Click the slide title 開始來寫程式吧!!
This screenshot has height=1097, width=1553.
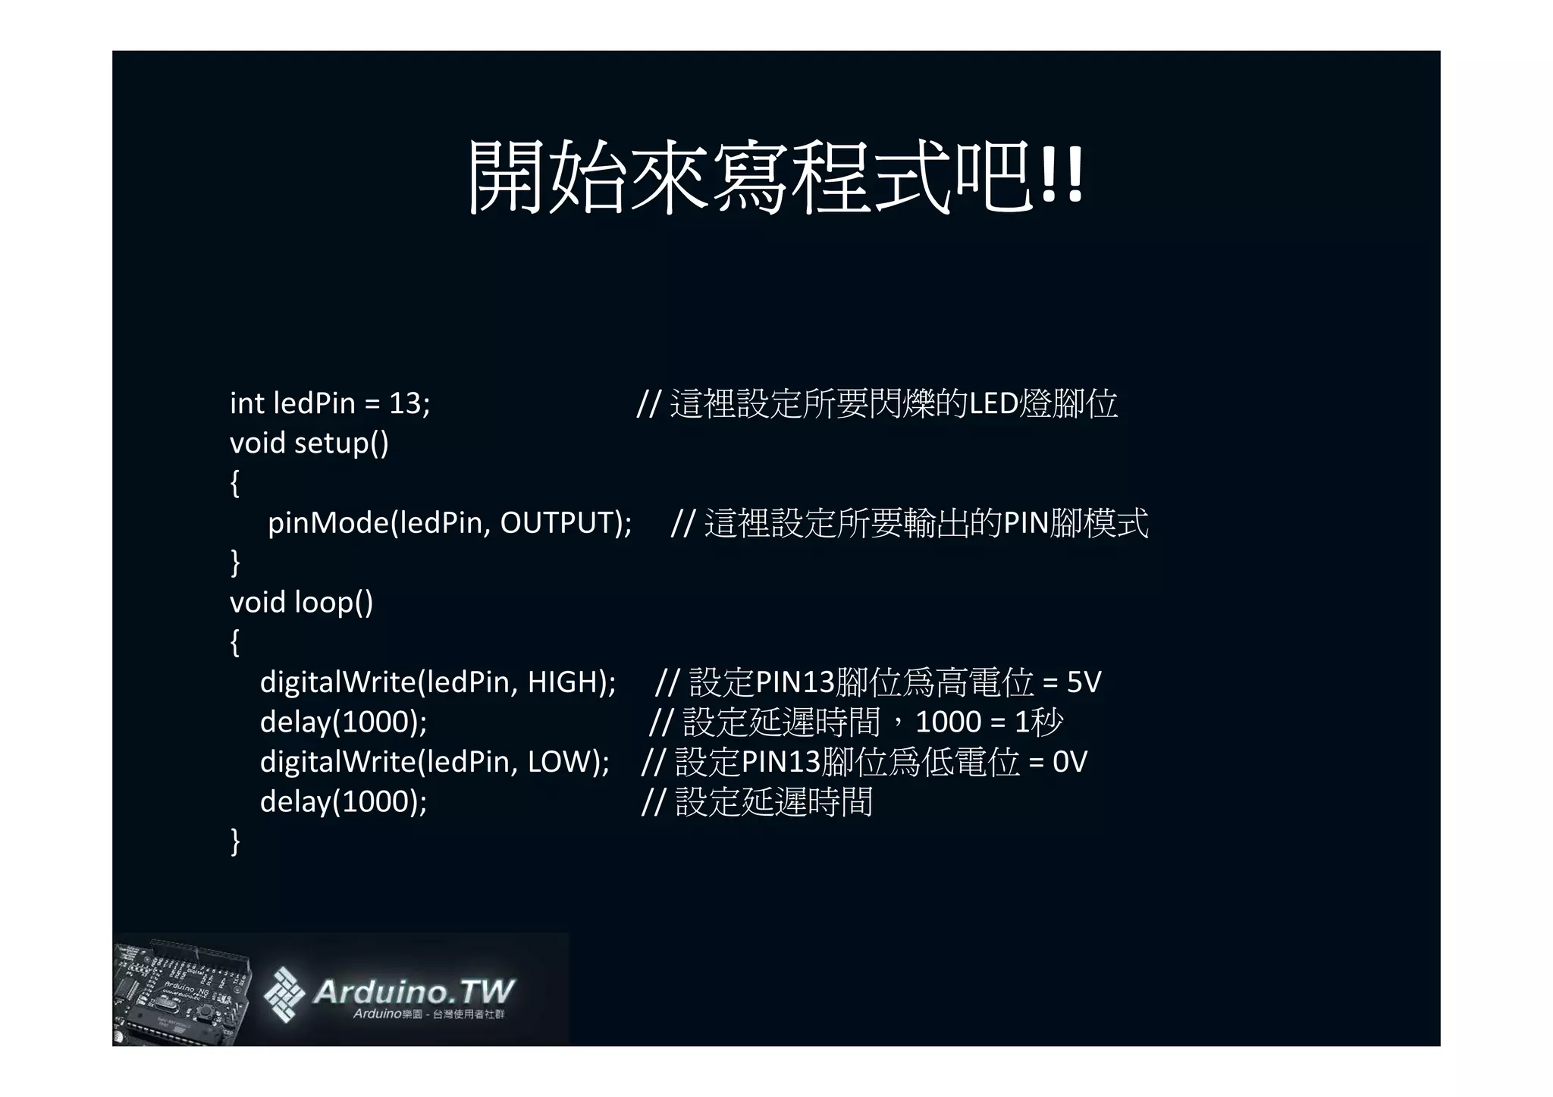pyautogui.click(x=775, y=177)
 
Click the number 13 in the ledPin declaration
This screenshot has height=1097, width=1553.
pyautogui.click(x=404, y=403)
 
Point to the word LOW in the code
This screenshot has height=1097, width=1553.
pyautogui.click(x=559, y=762)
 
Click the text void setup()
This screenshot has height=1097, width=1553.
pyautogui.click(x=309, y=443)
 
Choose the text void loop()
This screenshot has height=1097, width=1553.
pyautogui.click(x=301, y=603)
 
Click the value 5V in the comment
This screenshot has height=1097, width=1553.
pyautogui.click(x=1084, y=682)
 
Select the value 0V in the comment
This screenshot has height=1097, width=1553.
pyautogui.click(x=1069, y=762)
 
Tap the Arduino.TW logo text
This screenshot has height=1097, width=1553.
pyautogui.click(x=413, y=991)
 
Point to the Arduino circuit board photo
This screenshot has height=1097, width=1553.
pyautogui.click(x=182, y=989)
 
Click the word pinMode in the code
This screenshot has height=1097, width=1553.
pyautogui.click(x=328, y=522)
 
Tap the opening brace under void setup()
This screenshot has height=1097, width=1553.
pyautogui.click(x=235, y=483)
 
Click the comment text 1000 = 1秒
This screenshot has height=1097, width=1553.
pyautogui.click(x=989, y=722)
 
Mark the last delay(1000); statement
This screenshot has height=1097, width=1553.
pyautogui.click(x=343, y=801)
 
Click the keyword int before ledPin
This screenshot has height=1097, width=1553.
pyautogui.click(x=246, y=403)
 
